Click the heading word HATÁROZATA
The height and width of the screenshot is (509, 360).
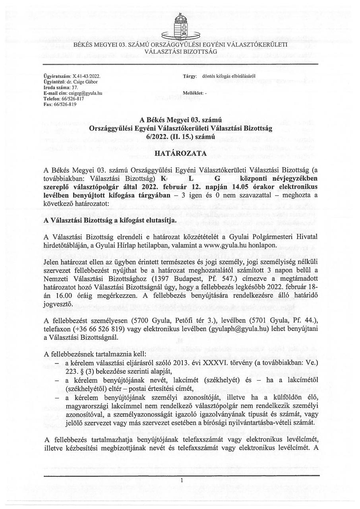pos(181,153)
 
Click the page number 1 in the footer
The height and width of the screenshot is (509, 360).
pos(181,480)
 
